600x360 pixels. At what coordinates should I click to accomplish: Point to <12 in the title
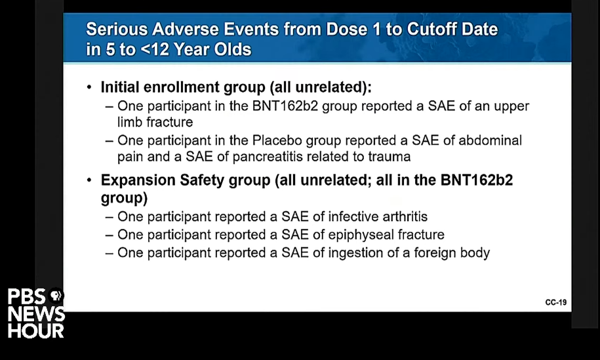pos(155,49)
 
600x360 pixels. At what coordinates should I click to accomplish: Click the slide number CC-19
pos(555,302)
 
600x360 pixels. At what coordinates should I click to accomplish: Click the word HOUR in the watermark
pos(36,331)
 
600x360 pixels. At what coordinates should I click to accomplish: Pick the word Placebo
pos(277,140)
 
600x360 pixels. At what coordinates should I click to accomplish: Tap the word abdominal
pos(490,140)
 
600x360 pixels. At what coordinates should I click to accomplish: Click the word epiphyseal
pos(361,235)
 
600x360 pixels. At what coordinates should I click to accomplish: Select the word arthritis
pos(405,216)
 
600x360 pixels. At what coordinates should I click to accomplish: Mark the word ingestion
pos(357,253)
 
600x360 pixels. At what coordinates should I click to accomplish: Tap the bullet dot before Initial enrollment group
pos(89,88)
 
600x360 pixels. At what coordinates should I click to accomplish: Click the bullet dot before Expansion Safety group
pos(89,180)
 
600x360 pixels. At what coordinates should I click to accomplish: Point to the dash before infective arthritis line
pos(110,217)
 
